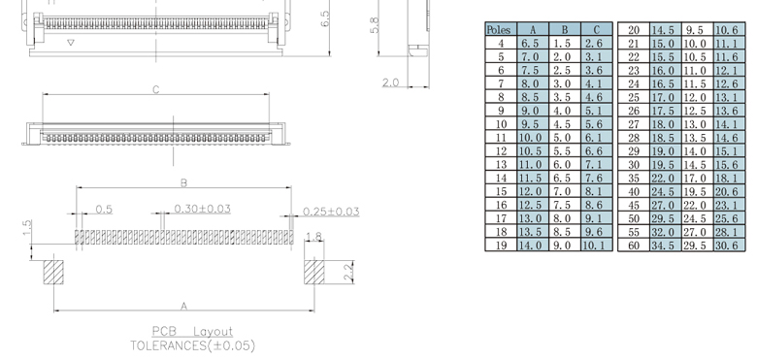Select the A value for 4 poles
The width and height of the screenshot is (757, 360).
[x=533, y=44]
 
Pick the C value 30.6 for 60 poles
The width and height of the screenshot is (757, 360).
[x=729, y=245]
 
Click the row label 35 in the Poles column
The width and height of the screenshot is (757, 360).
[x=634, y=179]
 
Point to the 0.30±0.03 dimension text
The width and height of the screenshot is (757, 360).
[x=202, y=209]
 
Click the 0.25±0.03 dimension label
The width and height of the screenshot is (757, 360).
[x=331, y=212]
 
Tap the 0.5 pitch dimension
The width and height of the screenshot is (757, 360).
[x=104, y=210]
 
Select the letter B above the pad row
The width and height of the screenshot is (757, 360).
[x=183, y=182]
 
